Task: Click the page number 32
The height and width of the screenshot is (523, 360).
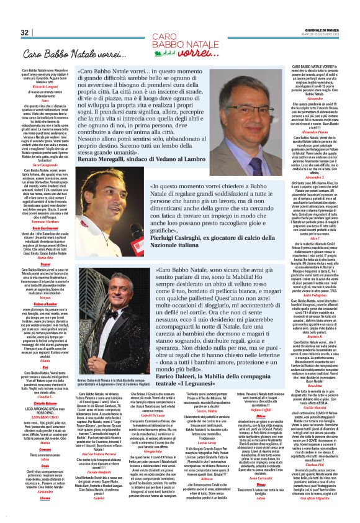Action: pyautogui.click(x=24, y=32)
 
